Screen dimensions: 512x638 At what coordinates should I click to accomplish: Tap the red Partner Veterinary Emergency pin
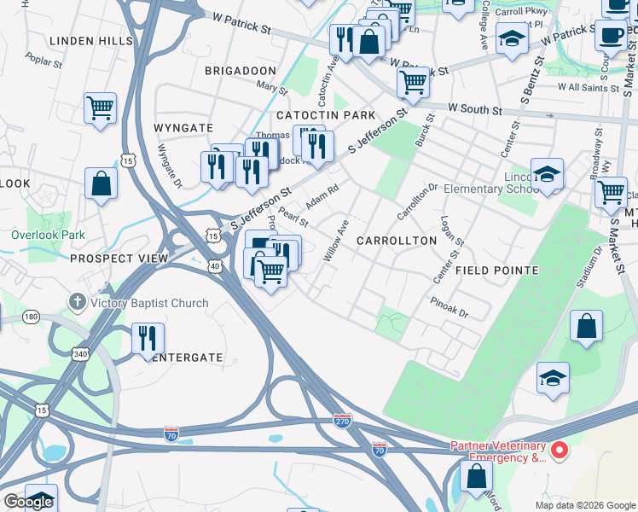pos(560,449)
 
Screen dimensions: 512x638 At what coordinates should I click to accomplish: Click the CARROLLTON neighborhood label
pos(396,241)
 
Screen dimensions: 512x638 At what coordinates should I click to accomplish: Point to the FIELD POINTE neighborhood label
pos(496,271)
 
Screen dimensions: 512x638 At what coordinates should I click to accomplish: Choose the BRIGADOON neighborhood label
pos(240,71)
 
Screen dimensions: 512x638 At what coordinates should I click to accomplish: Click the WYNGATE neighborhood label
pos(183,128)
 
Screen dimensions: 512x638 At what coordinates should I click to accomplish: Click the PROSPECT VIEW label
pos(113,259)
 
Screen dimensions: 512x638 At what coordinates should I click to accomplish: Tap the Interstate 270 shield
pos(342,421)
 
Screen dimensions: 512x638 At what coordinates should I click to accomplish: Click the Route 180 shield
pos(32,317)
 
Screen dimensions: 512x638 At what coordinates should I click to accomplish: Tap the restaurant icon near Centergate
pos(148,338)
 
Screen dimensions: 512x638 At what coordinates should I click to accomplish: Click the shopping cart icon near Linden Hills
pos(100,108)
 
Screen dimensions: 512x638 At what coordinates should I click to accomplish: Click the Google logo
pos(28,502)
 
